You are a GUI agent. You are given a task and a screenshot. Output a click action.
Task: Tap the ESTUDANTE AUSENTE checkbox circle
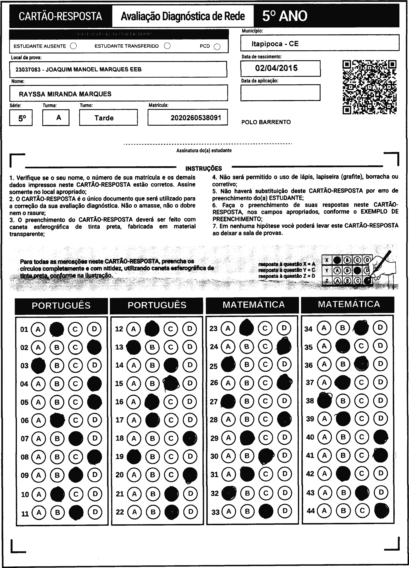(x=73, y=46)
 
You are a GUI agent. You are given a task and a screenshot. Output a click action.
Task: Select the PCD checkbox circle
(x=217, y=47)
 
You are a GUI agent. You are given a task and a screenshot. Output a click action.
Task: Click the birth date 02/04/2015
(x=276, y=68)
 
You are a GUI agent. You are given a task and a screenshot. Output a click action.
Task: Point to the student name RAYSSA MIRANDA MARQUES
(x=65, y=94)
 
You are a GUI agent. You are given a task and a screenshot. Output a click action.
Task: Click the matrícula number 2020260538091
(x=196, y=118)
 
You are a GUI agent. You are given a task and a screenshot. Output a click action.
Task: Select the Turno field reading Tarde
(x=104, y=118)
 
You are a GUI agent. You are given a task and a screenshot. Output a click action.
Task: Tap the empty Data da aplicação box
(x=280, y=93)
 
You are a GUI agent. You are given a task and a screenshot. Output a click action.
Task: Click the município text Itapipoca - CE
(x=275, y=44)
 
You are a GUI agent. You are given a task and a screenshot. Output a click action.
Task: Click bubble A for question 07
(x=38, y=438)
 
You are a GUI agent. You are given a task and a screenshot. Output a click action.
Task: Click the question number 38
(x=310, y=401)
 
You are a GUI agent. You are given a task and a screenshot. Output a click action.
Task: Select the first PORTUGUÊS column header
(x=61, y=305)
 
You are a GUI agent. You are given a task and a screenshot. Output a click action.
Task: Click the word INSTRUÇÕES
(x=204, y=168)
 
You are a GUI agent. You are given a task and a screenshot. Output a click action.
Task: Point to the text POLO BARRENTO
(x=266, y=122)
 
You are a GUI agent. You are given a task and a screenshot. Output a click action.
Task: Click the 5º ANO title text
(x=285, y=16)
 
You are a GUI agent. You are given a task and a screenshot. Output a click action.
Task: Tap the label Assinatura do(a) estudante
(x=204, y=151)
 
